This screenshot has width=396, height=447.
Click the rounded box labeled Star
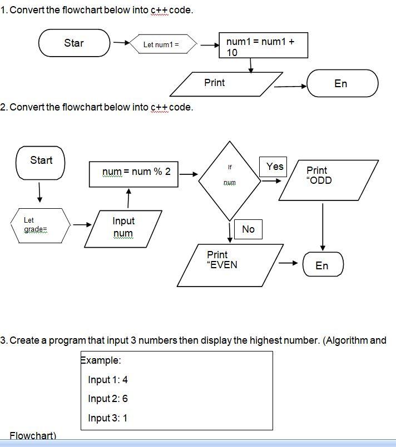point(75,43)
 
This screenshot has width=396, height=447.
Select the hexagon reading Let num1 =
point(161,44)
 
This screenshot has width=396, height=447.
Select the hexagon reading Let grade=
point(41,225)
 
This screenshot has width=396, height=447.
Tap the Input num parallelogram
point(123,228)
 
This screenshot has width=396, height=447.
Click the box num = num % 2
point(136,173)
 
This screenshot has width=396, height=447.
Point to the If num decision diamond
point(229,174)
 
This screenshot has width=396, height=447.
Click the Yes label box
point(275,167)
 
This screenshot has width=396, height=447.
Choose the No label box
point(248,229)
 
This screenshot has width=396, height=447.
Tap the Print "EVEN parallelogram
point(230,265)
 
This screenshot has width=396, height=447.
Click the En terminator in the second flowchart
point(323,265)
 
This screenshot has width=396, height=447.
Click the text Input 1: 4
point(108,380)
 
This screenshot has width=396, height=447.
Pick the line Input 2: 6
point(108,399)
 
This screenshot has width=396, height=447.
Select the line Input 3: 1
point(108,418)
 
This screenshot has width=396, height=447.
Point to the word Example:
point(101,360)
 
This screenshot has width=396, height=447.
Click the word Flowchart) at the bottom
point(33,436)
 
